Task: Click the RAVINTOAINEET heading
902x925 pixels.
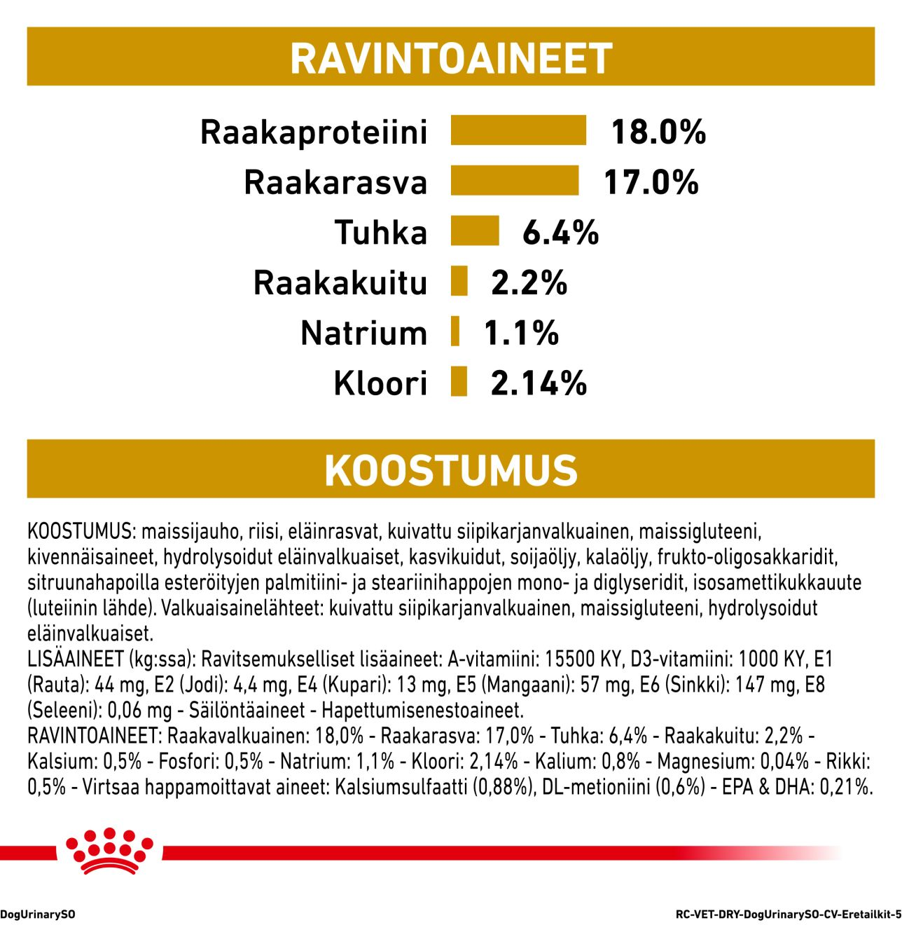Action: pyautogui.click(x=451, y=57)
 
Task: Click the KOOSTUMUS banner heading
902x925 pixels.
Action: pyautogui.click(x=451, y=470)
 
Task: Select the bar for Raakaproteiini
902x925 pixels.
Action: pyautogui.click(x=518, y=131)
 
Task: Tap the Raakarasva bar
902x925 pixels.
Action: pyautogui.click(x=515, y=181)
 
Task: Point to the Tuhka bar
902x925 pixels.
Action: pyautogui.click(x=475, y=231)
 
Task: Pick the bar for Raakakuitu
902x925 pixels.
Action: pyautogui.click(x=459, y=282)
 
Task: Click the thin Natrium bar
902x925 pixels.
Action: pyautogui.click(x=455, y=332)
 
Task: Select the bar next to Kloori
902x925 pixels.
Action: pyautogui.click(x=459, y=383)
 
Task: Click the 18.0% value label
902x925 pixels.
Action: pyautogui.click(x=658, y=132)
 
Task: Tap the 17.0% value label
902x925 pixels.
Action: pyautogui.click(x=651, y=181)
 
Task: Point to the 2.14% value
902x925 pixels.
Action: pyautogui.click(x=539, y=383)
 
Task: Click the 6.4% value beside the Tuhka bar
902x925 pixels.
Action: pyautogui.click(x=560, y=232)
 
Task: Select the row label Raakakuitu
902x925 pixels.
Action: pyautogui.click(x=340, y=282)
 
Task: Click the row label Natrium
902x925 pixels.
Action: pyautogui.click(x=363, y=333)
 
